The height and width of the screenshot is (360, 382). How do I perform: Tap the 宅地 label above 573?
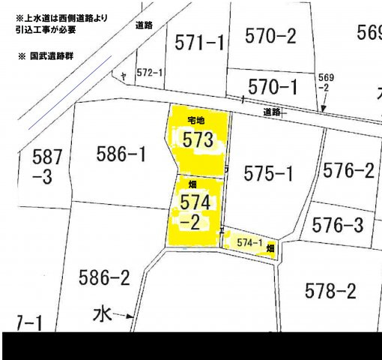[x=195, y=120]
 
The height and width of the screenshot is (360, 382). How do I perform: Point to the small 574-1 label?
[x=249, y=242]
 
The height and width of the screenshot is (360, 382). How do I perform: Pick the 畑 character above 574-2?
[x=192, y=183]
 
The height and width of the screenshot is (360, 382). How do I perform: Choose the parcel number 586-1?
[x=121, y=154]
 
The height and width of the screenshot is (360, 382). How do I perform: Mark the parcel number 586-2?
[x=104, y=278]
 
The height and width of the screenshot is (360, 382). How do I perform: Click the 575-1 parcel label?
[x=268, y=174]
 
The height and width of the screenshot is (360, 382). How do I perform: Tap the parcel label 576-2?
[x=348, y=170]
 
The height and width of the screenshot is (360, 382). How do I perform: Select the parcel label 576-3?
[x=337, y=224]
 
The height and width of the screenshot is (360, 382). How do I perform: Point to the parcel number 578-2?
[x=330, y=289]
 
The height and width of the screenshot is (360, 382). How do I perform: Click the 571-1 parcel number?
[x=199, y=43]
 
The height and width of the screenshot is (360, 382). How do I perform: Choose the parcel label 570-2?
[x=270, y=35]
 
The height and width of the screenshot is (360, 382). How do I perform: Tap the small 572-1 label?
[x=151, y=72]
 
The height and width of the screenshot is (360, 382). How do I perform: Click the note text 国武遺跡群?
[x=52, y=56]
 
